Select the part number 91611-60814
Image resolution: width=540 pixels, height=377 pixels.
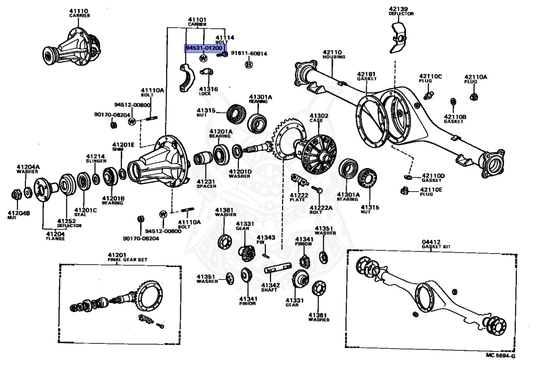coord(249,53)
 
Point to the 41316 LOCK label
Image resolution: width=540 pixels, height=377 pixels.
coord(208,91)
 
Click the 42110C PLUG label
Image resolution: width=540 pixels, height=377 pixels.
coord(430,79)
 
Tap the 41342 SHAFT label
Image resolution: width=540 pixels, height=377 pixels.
coord(270,287)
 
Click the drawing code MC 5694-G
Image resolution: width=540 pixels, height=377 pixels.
coord(500,355)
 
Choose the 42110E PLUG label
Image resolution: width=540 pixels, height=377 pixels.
coord(431,191)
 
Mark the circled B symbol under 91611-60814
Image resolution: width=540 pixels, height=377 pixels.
coord(249,64)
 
